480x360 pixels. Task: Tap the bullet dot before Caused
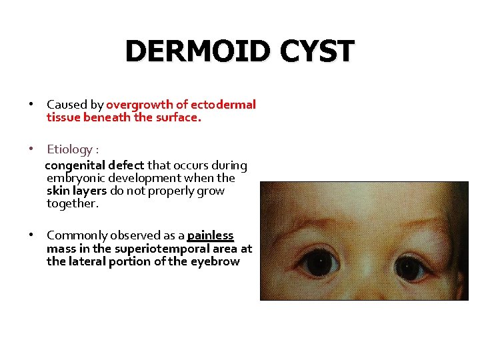[x=31, y=105]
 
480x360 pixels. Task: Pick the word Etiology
[x=69, y=149]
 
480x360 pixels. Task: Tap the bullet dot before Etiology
[x=31, y=149]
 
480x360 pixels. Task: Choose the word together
[x=72, y=203]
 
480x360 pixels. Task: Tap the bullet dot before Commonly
[x=31, y=235]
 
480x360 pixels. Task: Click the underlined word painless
[x=211, y=235]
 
